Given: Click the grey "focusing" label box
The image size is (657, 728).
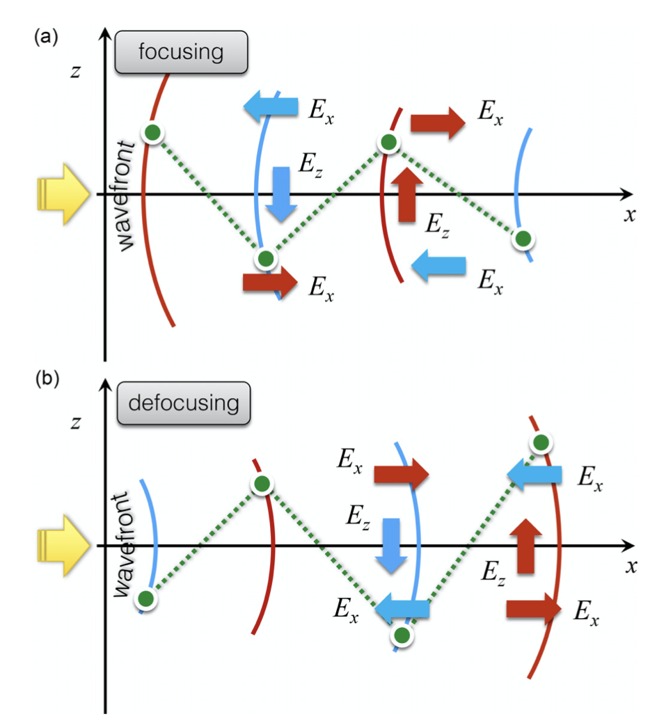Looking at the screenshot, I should point(182,52).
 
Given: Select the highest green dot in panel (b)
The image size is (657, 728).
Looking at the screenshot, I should point(540,442).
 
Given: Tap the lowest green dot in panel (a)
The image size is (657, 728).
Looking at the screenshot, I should point(265,259).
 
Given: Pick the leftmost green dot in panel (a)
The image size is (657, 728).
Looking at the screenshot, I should point(153,132).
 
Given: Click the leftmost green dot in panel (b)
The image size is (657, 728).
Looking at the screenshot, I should point(145,598).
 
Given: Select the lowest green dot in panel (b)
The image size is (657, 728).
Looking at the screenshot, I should point(400,635).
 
